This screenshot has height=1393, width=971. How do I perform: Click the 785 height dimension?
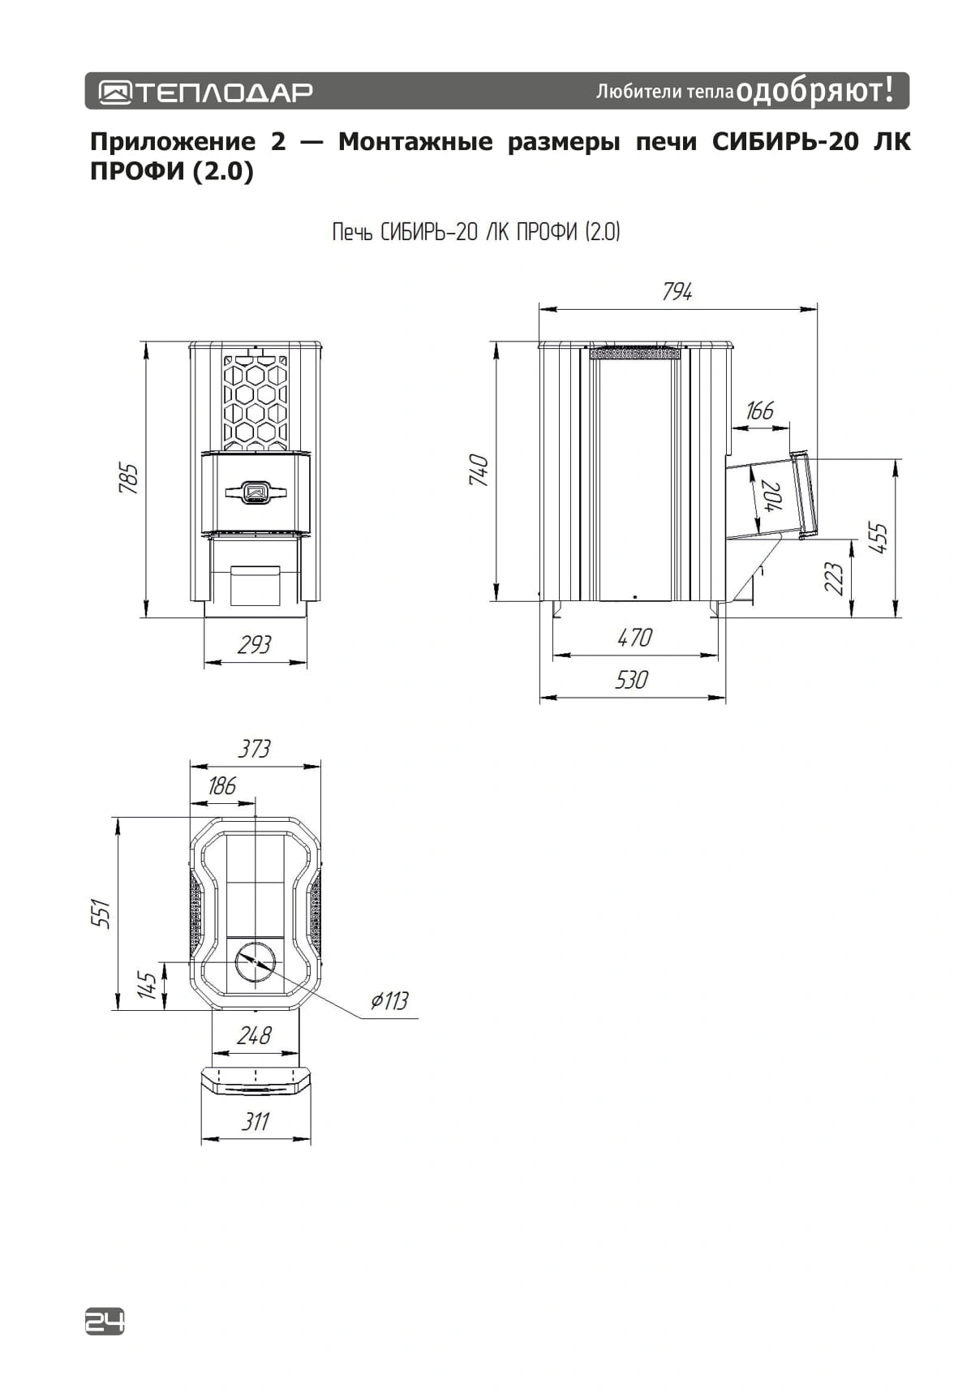(128, 479)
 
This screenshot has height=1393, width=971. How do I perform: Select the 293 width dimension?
(255, 645)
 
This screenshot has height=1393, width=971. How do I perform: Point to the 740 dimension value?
(479, 471)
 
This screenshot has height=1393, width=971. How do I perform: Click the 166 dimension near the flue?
(760, 411)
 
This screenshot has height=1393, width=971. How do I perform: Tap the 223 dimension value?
(834, 578)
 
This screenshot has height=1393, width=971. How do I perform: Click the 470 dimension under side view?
(634, 638)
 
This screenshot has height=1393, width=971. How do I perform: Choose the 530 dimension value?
(632, 680)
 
